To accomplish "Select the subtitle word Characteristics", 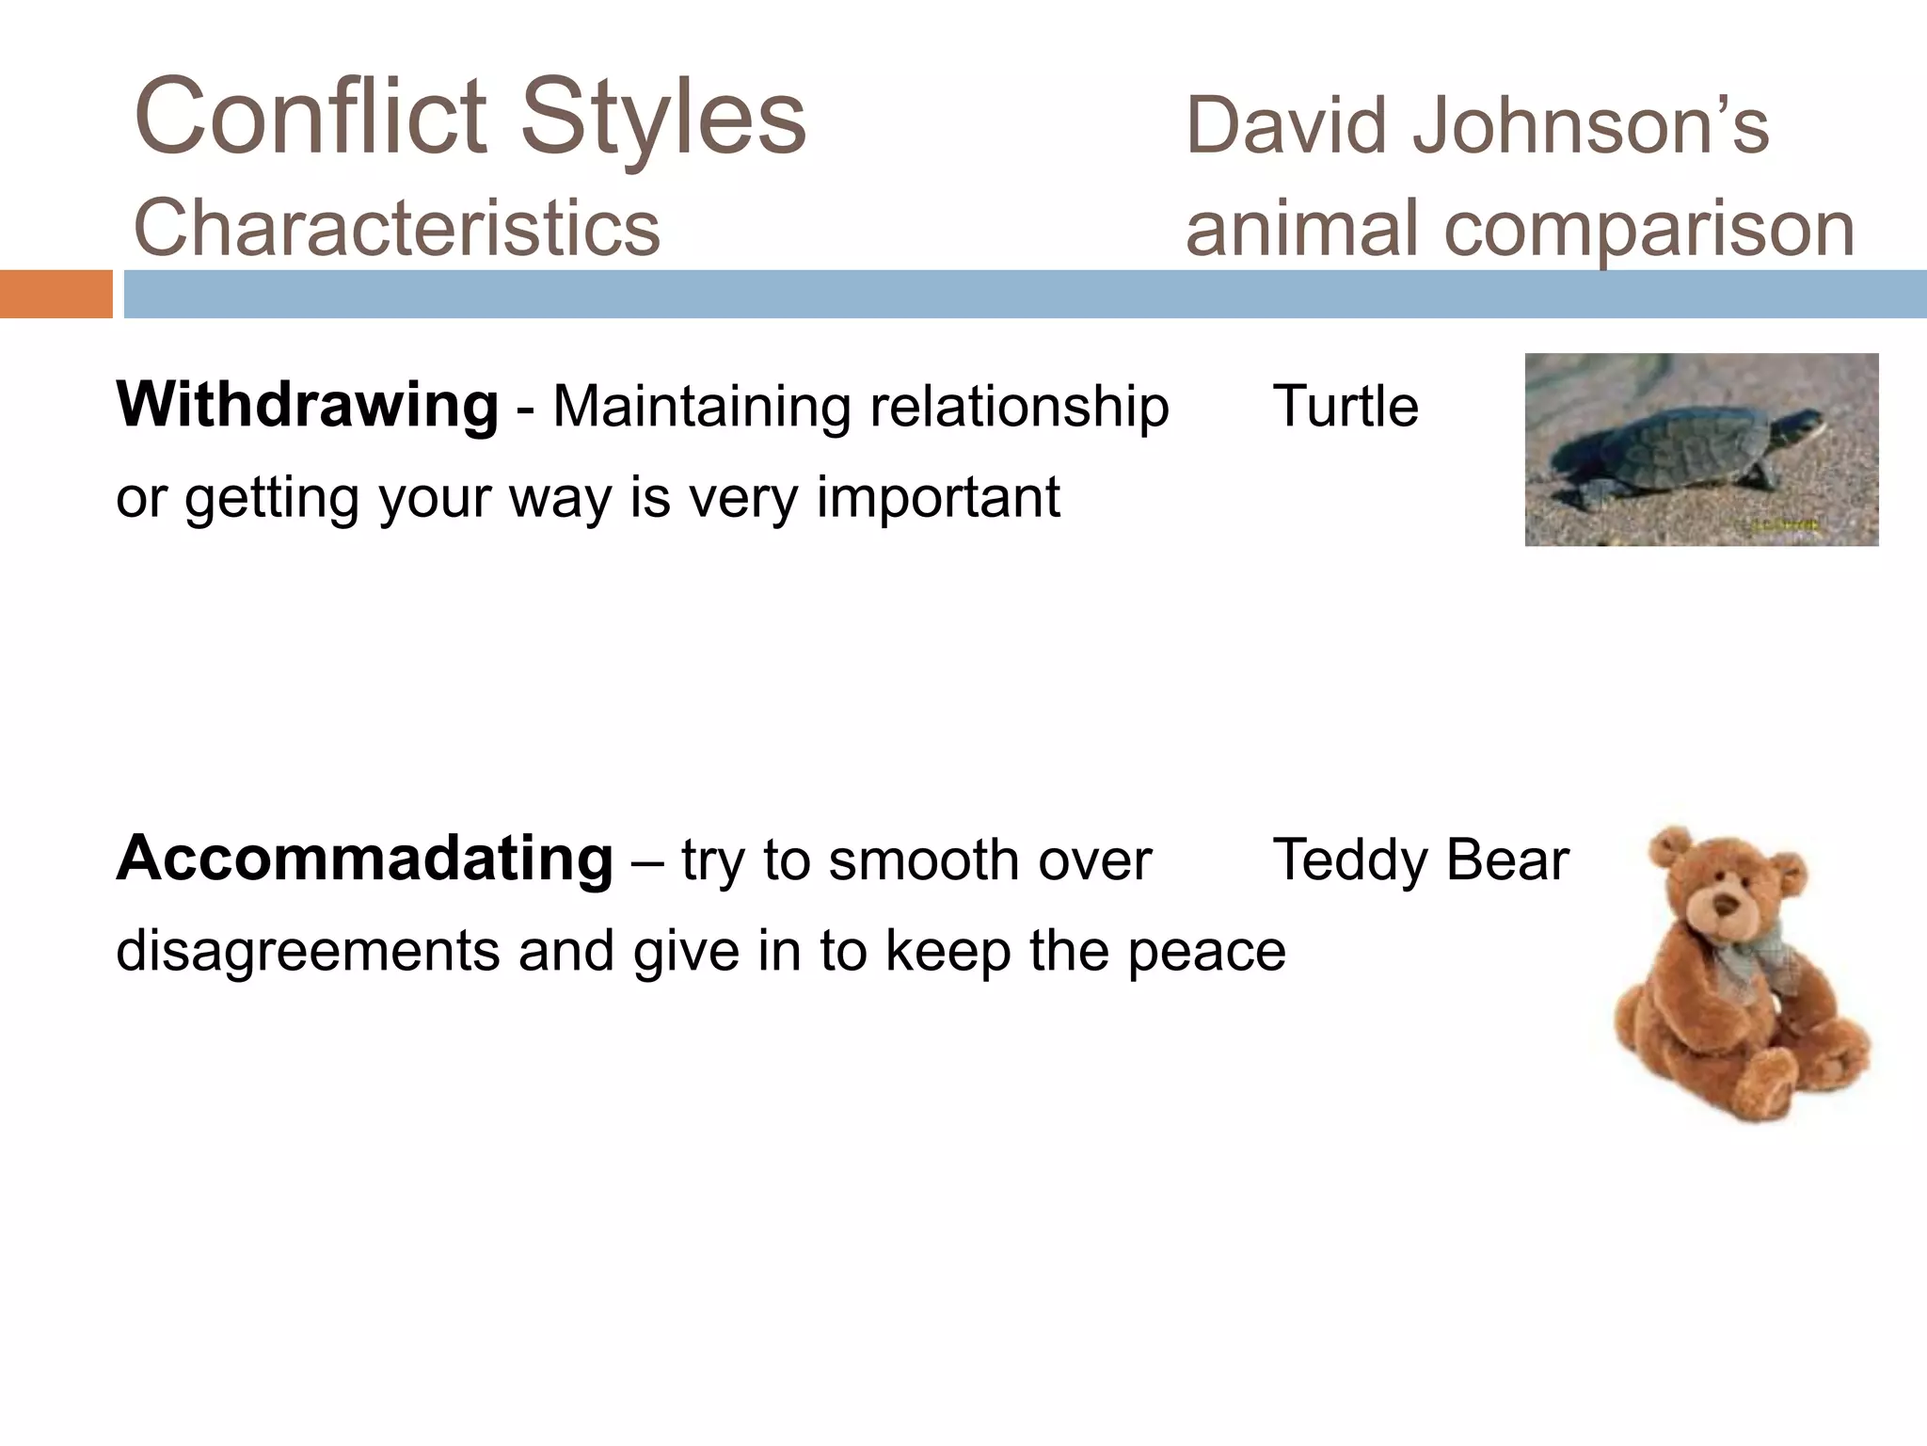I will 397,228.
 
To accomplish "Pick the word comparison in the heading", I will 1648,230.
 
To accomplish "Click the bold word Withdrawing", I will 307,405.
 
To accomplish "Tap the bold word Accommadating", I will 365,859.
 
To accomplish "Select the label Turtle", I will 1346,407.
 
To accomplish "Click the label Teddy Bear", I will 1421,860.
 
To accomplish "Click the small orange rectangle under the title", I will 56,294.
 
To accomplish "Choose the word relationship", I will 1019,407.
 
